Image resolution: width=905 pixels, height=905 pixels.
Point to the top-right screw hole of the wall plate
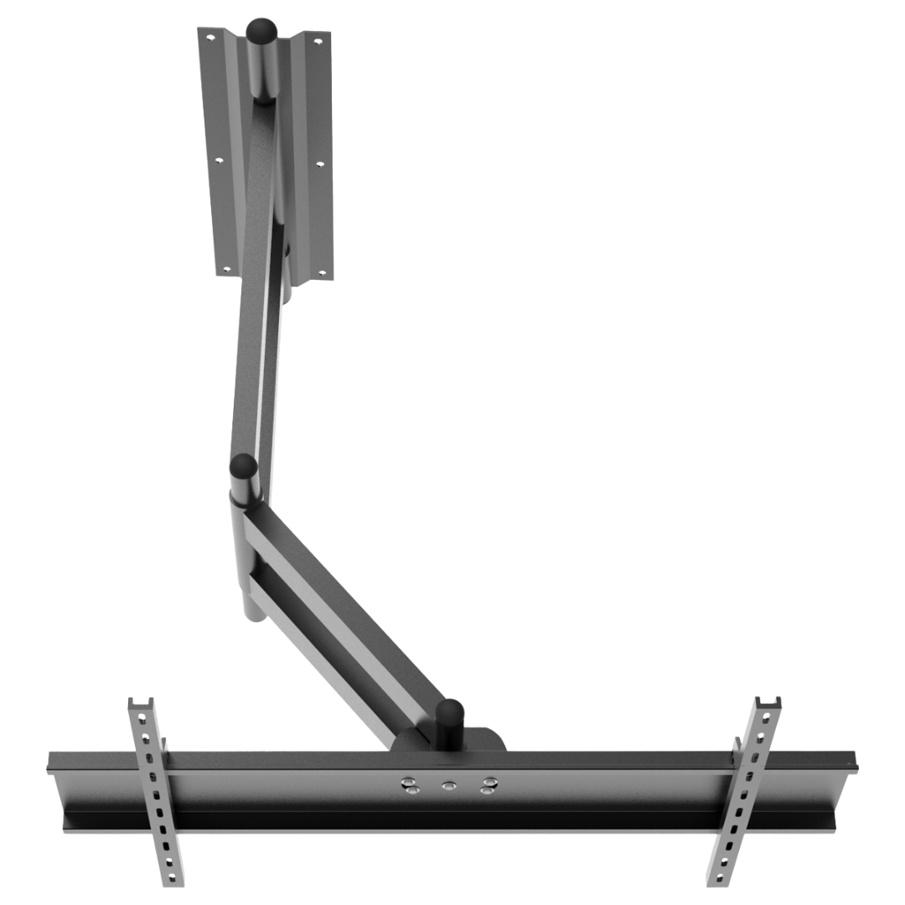click(x=317, y=39)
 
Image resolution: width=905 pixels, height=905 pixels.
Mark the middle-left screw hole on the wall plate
click(x=220, y=159)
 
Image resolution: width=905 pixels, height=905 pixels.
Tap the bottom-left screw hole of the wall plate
click(x=224, y=270)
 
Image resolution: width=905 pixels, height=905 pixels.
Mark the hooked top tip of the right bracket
click(x=767, y=702)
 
